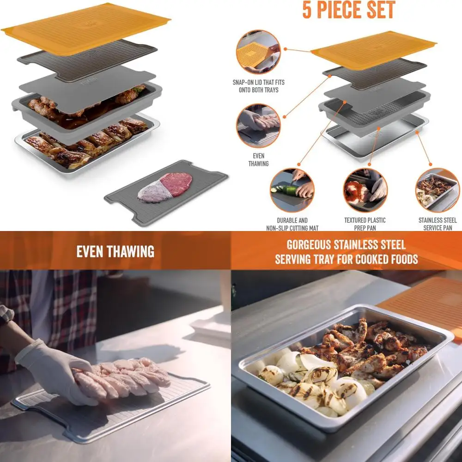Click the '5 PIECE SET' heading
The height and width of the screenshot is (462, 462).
tap(349, 10)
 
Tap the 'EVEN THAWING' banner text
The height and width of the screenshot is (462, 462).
tap(115, 252)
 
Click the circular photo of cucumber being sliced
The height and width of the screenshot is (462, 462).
tap(292, 190)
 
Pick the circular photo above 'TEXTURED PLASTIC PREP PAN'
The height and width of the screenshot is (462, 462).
tap(365, 190)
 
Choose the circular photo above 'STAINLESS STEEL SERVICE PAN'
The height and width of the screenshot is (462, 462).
tap(437, 190)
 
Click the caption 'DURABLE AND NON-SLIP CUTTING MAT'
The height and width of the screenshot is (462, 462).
tap(292, 224)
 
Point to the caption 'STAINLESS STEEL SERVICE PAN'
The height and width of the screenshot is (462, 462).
tap(437, 224)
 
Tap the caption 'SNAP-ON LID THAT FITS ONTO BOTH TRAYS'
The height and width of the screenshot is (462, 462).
tap(258, 86)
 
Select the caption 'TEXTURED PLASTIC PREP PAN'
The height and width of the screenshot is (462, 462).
tap(365, 224)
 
